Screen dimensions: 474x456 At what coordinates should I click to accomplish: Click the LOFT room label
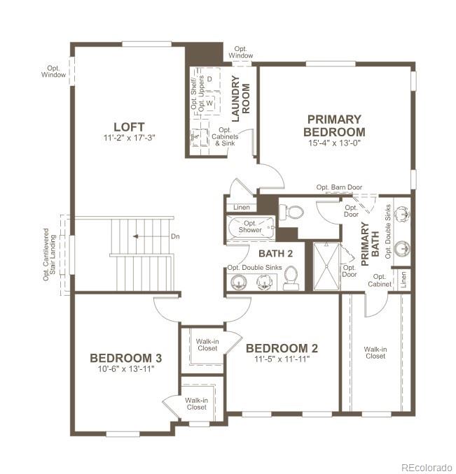tap(129, 127)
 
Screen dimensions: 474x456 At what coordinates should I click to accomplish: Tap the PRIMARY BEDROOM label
tap(334, 125)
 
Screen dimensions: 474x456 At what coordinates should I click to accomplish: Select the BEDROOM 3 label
tap(126, 358)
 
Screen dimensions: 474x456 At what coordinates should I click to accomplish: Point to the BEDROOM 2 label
tap(282, 348)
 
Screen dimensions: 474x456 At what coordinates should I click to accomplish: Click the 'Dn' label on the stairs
tap(176, 237)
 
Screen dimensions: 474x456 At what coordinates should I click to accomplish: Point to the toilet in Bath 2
tap(291, 278)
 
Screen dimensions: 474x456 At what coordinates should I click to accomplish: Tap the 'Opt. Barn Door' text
tap(340, 187)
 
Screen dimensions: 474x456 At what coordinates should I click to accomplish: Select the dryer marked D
tap(209, 79)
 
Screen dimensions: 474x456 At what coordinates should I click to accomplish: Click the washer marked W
tap(209, 103)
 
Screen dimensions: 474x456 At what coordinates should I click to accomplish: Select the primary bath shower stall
tap(325, 266)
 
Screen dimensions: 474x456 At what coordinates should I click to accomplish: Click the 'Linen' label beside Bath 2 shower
tap(241, 207)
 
